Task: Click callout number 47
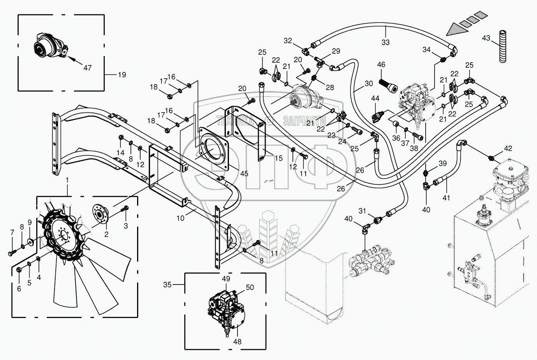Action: [x=88, y=68]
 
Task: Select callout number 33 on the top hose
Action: [x=385, y=42]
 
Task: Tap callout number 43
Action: [x=486, y=39]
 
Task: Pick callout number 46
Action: [x=381, y=65]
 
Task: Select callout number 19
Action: [x=122, y=74]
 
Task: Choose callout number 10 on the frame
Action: [x=180, y=218]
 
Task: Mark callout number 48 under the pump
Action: [x=237, y=342]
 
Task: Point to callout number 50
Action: [x=250, y=287]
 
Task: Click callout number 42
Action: [x=508, y=148]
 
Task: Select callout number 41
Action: [x=446, y=198]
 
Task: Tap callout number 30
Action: [x=369, y=84]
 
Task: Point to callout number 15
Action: [x=278, y=158]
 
